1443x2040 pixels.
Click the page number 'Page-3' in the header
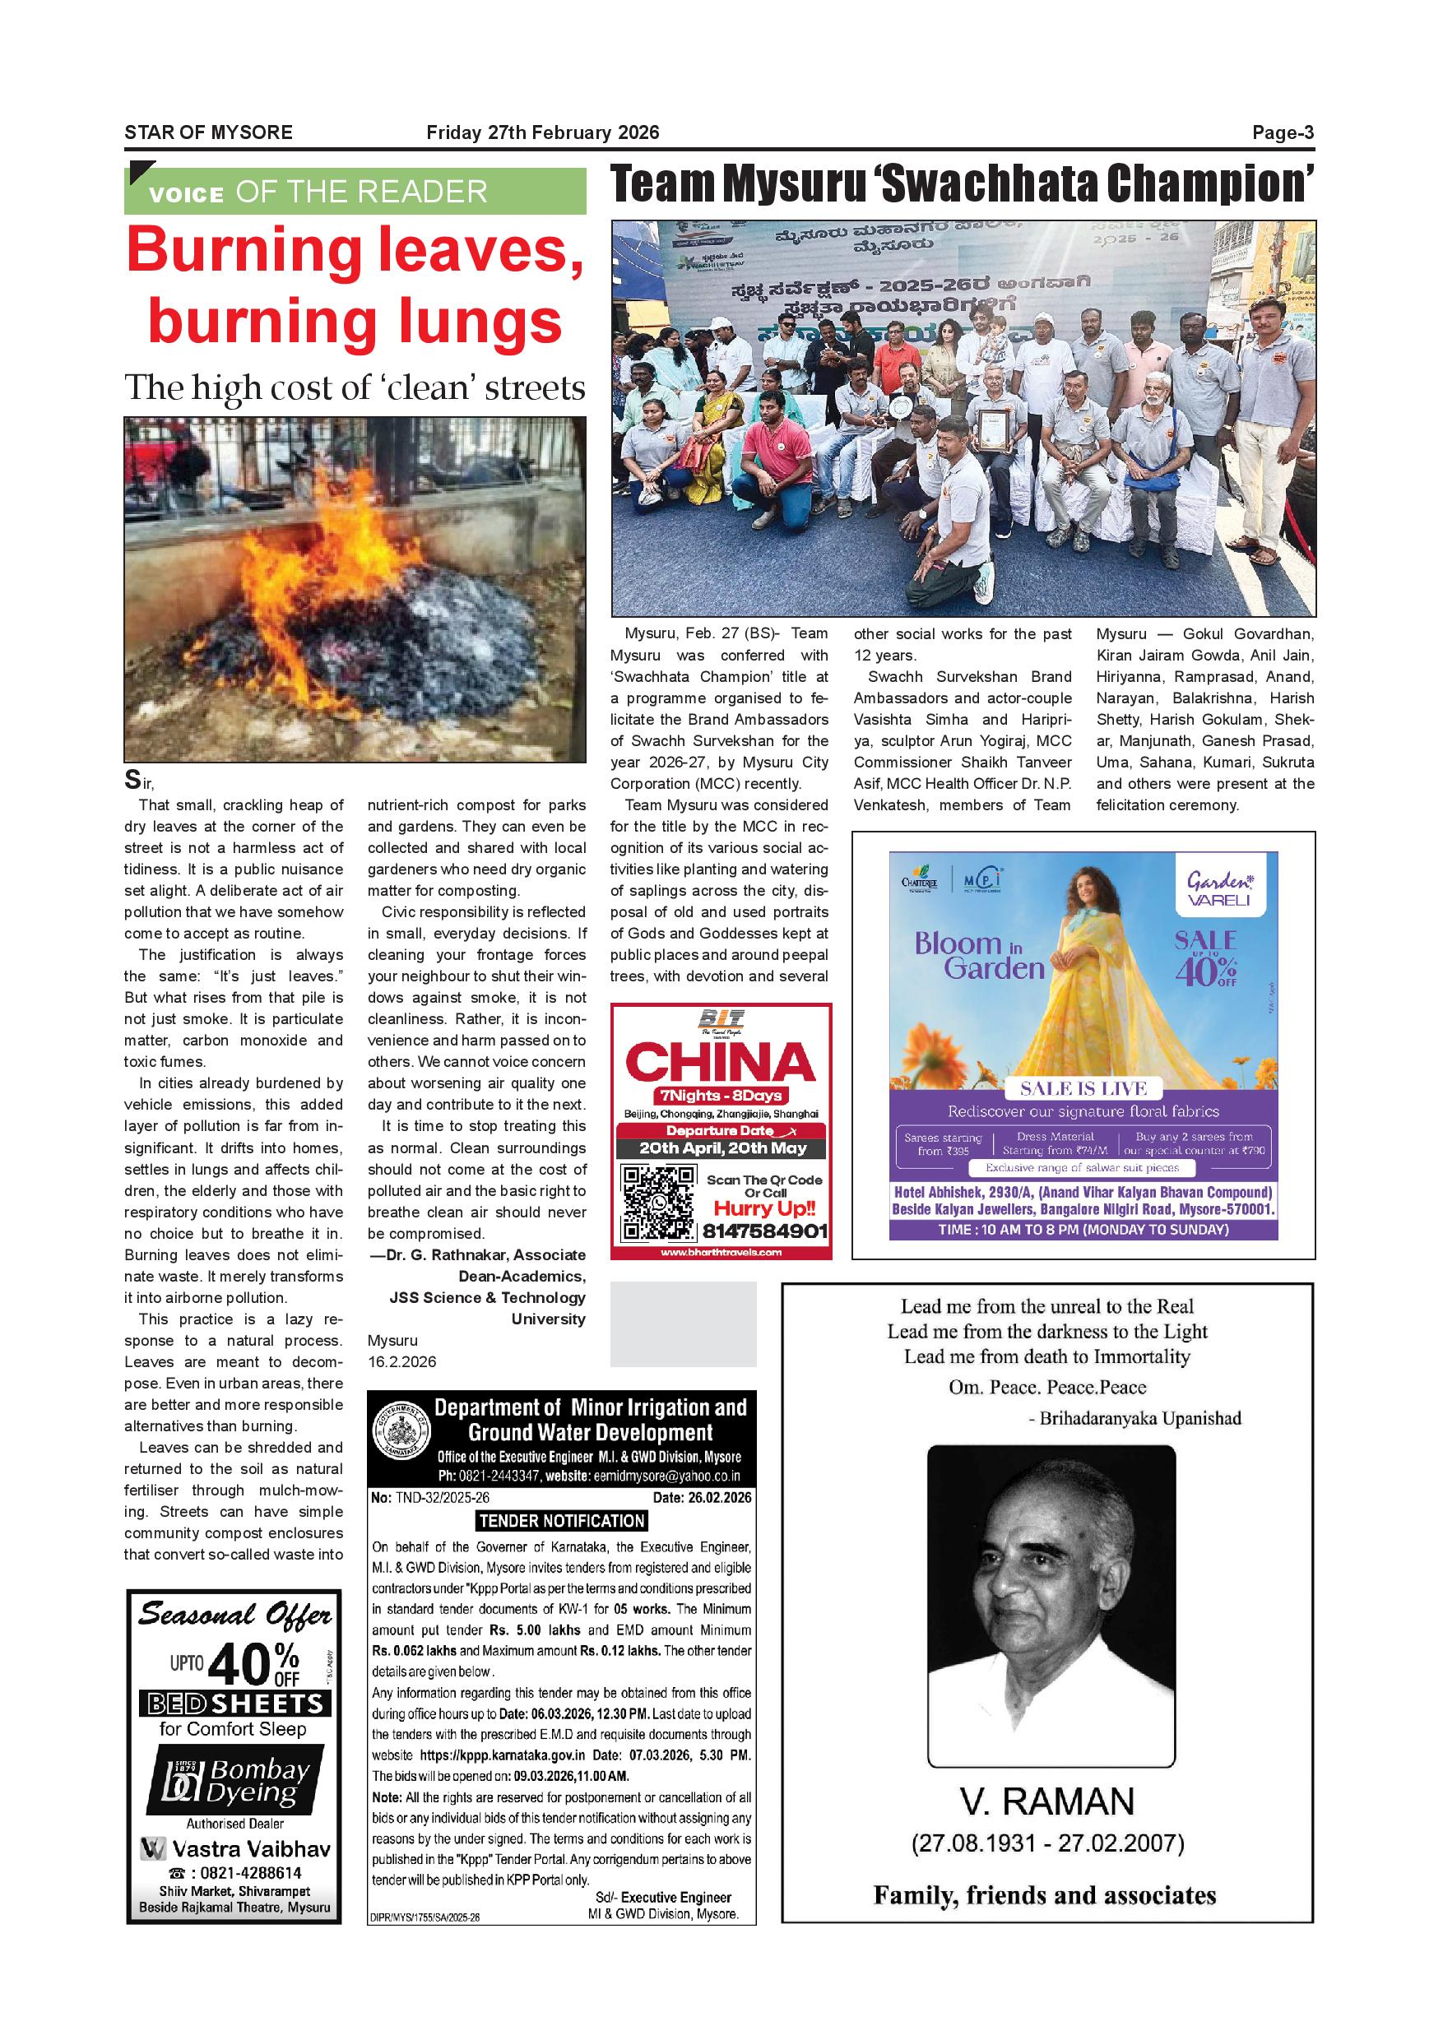(1283, 133)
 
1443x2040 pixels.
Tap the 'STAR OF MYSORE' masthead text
(208, 133)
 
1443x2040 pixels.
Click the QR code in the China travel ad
(657, 1204)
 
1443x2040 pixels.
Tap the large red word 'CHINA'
(721, 1062)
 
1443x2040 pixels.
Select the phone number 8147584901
(765, 1231)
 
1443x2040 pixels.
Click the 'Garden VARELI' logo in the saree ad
(1218, 888)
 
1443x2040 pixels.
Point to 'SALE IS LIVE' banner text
(1083, 1088)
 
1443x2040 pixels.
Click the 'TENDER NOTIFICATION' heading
(562, 1520)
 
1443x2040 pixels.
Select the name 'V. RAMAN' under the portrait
(1047, 1801)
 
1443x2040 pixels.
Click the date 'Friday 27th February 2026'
(543, 133)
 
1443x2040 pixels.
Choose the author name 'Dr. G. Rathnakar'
(447, 1254)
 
